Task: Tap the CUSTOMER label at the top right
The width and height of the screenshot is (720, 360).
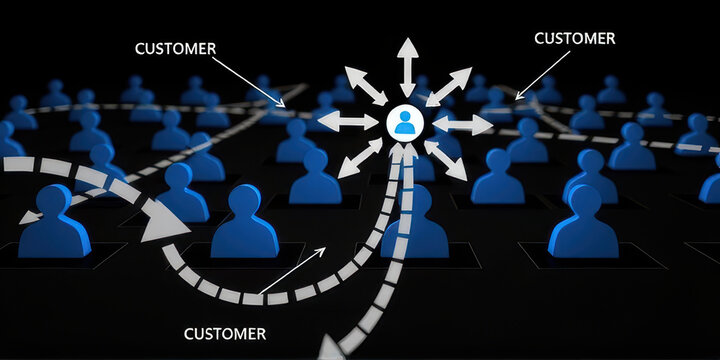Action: [575, 39]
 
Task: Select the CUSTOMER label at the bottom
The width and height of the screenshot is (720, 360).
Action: [225, 333]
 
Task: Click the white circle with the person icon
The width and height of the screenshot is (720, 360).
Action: [404, 124]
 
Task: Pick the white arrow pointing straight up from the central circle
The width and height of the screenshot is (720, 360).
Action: [406, 68]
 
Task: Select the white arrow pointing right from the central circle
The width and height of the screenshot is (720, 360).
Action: [461, 125]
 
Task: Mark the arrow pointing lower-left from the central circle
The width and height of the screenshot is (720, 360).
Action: [356, 160]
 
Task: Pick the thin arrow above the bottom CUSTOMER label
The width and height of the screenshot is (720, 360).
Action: [290, 271]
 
